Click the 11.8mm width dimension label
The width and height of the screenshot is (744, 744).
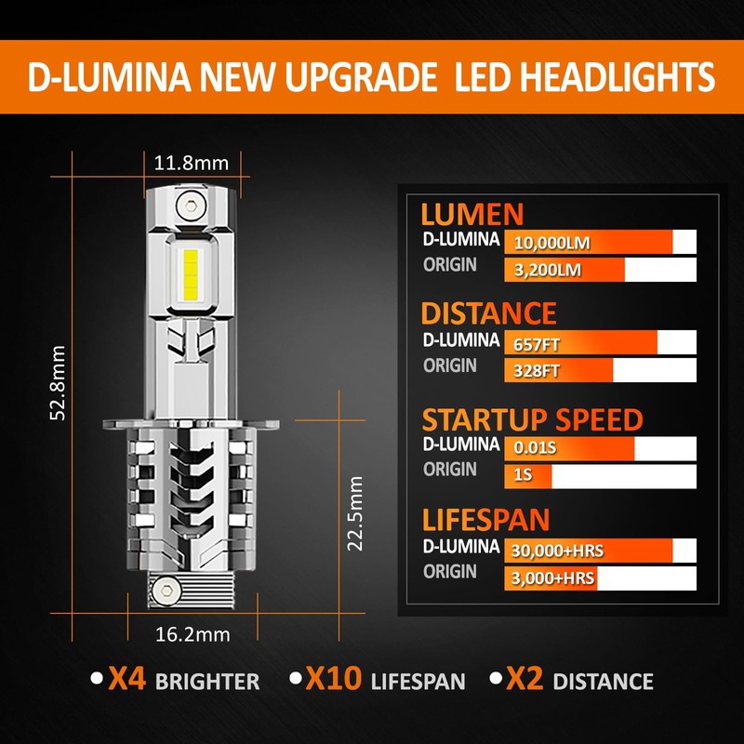point(191,163)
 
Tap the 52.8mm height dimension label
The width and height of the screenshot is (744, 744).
point(58,383)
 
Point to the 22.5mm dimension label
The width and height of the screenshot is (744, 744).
point(354,513)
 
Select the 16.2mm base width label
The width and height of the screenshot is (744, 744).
point(193,634)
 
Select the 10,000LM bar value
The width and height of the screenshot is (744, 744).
point(551,244)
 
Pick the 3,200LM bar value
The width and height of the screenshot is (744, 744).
point(548,271)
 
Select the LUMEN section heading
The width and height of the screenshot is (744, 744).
point(472,214)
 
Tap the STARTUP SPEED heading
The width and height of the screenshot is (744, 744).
point(532,419)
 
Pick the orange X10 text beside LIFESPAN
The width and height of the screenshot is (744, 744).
point(333,680)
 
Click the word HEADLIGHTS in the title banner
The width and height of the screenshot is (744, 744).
point(585,77)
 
